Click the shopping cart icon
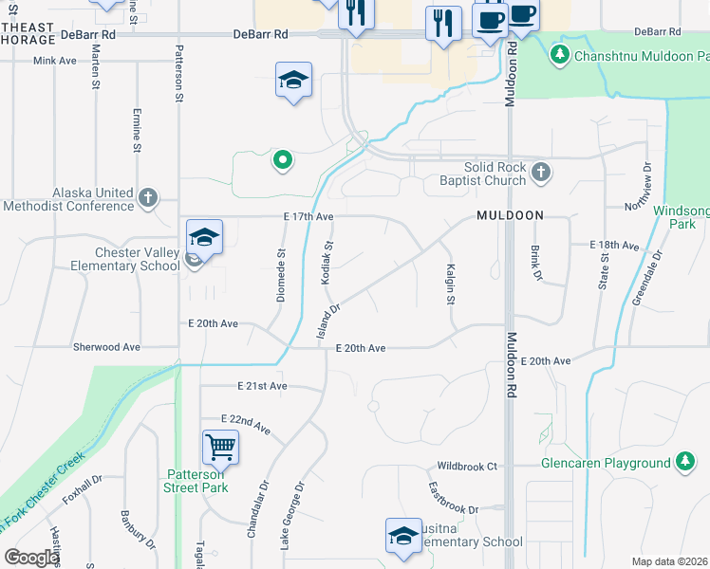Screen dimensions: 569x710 [x=220, y=446]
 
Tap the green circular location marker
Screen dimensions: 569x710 [x=281, y=160]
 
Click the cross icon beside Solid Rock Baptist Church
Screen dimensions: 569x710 [x=540, y=172]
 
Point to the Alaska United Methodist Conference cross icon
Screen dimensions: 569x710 [x=147, y=197]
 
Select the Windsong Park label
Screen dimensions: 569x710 [x=682, y=217]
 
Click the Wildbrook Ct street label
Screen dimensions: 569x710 [x=467, y=467]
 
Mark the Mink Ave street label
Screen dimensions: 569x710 [x=54, y=60]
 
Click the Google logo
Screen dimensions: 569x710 [x=30, y=558]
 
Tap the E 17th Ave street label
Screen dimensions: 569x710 [x=308, y=217]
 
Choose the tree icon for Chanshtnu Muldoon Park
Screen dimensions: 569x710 [x=561, y=55]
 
